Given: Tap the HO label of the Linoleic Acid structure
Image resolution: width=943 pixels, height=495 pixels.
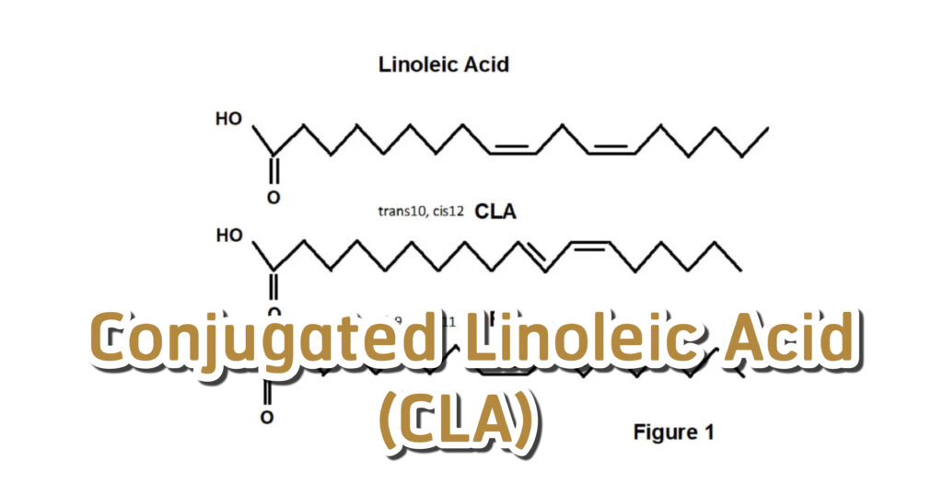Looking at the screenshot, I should (x=229, y=120).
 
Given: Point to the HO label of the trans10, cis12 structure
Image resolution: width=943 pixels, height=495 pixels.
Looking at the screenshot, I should (x=229, y=236).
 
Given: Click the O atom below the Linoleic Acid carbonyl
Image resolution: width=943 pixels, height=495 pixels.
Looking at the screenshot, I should (x=273, y=197).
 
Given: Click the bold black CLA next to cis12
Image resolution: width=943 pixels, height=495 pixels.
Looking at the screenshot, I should (x=495, y=212).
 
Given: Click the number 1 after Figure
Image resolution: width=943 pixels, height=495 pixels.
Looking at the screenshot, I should (x=708, y=432).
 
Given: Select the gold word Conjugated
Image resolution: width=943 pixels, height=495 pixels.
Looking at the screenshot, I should (x=265, y=340).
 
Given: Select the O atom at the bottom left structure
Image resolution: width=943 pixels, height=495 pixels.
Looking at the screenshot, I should (x=266, y=418).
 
